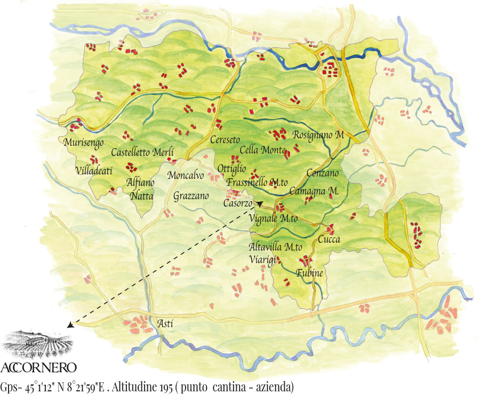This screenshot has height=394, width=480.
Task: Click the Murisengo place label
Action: pos(83,143)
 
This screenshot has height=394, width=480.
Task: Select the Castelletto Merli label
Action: pos(142,153)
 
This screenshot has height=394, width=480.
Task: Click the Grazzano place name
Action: pos(191,196)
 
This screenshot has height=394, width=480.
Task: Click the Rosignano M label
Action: pos(318,135)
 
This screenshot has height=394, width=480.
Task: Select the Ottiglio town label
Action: pos(231,169)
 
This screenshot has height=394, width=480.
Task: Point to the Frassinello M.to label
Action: pos(257,182)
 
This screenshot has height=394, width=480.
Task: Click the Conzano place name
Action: pos(323,174)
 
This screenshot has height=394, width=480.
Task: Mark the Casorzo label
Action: pos(237,204)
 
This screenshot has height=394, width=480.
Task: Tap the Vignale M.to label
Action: pos(273,219)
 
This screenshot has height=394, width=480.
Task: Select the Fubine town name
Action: pos(310,273)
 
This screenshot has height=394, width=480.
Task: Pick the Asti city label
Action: pos(165,323)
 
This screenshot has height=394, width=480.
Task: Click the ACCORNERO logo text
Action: pos(39,367)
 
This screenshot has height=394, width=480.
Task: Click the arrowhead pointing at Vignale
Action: pos(260,203)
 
